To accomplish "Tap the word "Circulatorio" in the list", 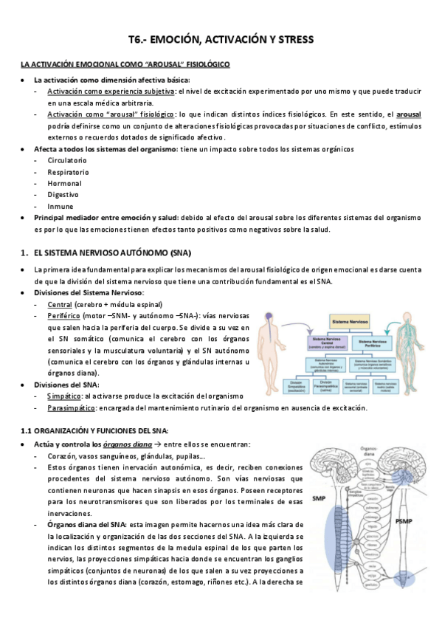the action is click(67, 160).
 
